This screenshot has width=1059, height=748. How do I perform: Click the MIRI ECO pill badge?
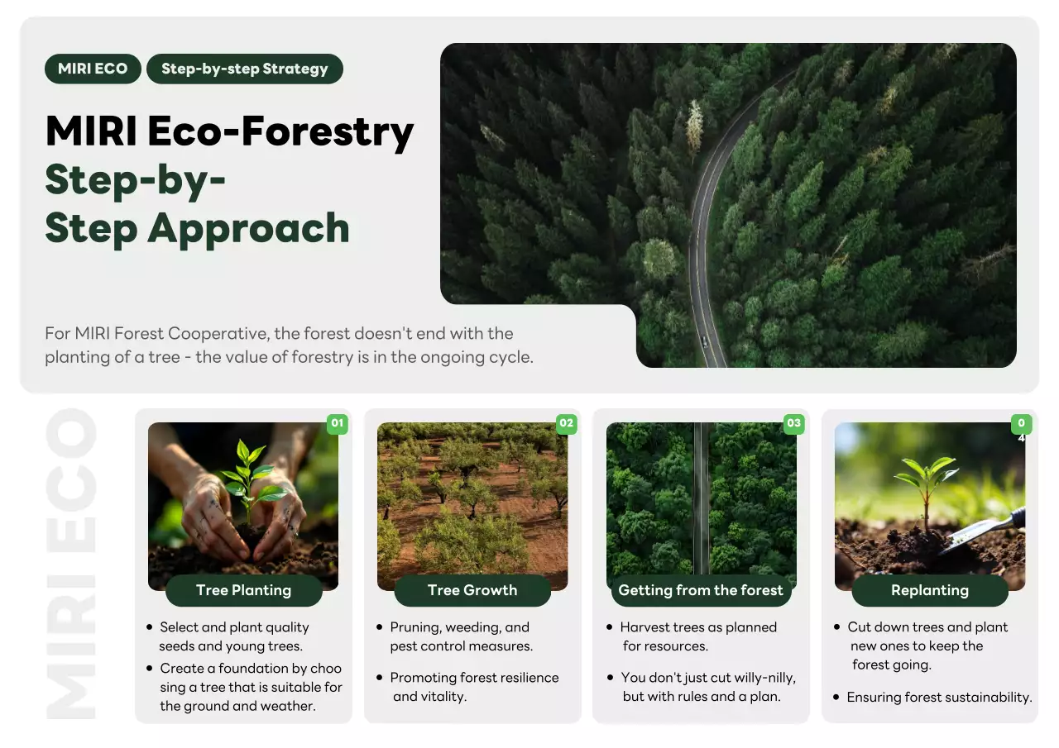[x=93, y=69]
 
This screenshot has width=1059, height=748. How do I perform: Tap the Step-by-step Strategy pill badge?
[x=244, y=69]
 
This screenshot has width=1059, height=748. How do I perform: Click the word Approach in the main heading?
[x=247, y=228]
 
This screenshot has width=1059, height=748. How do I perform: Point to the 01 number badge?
[x=337, y=423]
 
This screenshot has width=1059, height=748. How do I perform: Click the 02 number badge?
[x=566, y=423]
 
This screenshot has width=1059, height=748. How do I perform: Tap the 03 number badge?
[x=794, y=423]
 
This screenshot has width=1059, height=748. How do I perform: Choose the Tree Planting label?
[x=243, y=590]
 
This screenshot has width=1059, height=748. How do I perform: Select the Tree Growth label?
[x=472, y=590]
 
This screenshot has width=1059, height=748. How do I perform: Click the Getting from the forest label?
[x=701, y=590]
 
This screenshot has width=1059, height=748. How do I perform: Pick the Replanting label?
[x=930, y=590]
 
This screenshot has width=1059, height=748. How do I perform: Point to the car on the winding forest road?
[x=704, y=341]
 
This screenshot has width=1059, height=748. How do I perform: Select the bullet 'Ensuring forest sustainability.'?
[x=939, y=698]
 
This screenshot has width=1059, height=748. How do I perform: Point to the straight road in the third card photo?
[x=701, y=496]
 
